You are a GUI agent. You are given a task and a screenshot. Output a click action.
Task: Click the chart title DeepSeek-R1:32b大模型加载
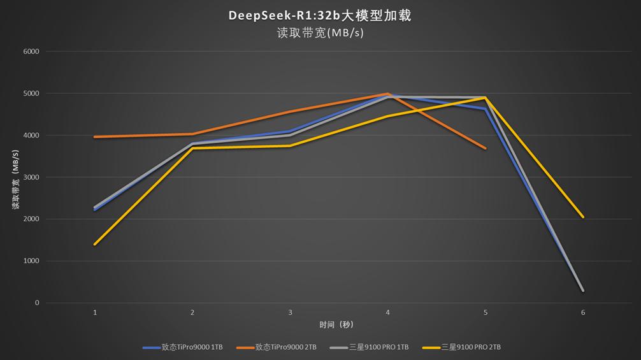pos(320,15)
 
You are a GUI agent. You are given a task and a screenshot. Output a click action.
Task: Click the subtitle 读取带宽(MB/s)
pos(320,32)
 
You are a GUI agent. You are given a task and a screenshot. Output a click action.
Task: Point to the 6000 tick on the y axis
pos(31,52)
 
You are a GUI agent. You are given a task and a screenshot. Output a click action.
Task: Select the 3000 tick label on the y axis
pos(31,177)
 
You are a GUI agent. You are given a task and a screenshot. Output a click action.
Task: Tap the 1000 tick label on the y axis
pos(31,261)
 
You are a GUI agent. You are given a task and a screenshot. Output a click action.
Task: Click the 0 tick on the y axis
pos(37,303)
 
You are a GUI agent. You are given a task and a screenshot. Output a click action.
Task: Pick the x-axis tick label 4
pos(388,313)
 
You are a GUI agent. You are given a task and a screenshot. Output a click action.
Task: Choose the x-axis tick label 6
pos(583,313)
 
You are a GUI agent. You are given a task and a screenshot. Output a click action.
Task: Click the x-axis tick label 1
pos(95,313)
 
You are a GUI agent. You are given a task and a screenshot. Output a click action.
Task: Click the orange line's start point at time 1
pos(95,137)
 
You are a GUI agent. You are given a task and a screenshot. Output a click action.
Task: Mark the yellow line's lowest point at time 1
pos(95,244)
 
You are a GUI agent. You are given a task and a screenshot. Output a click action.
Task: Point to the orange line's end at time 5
pos(486,148)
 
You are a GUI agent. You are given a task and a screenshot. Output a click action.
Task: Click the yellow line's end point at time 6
pos(583,217)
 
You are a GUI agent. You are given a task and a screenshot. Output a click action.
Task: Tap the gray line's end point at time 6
pos(583,291)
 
